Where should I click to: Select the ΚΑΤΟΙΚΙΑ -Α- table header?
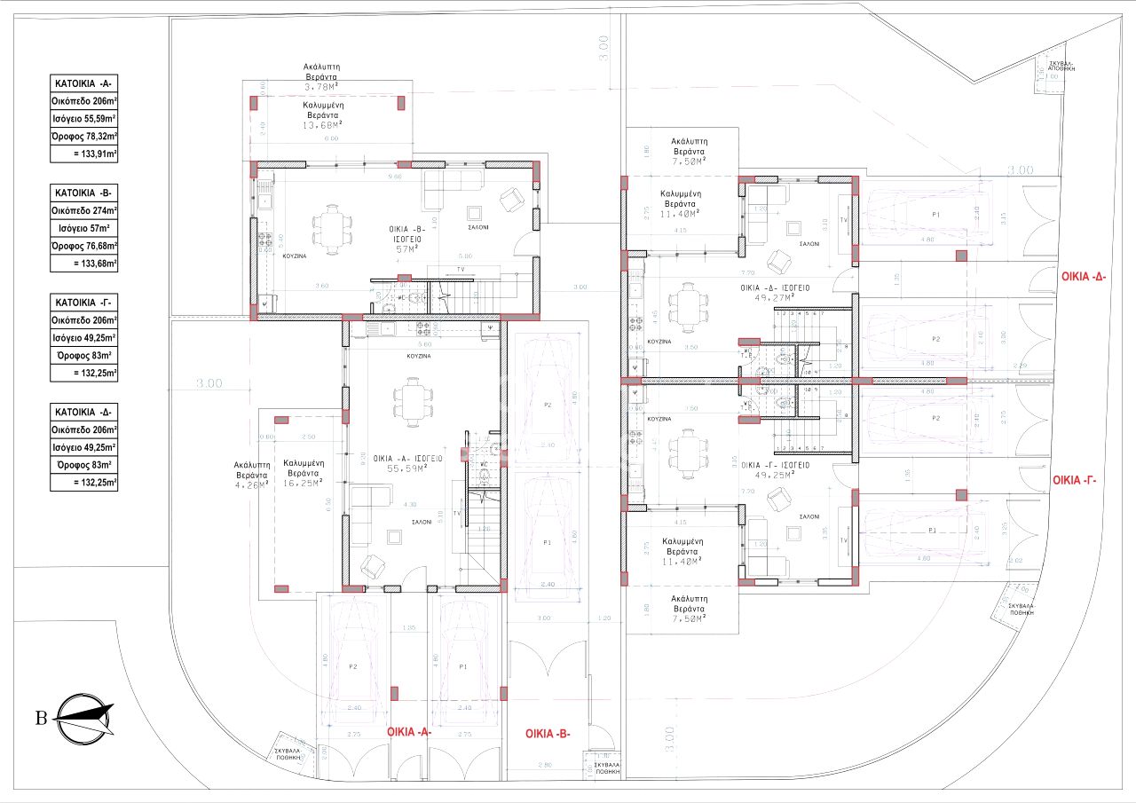[84, 84]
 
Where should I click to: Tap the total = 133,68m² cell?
[84, 264]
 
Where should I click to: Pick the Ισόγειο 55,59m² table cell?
[84, 119]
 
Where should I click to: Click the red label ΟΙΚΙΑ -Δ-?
[1087, 277]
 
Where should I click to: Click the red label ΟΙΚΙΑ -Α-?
[409, 732]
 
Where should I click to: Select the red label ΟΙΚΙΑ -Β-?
[548, 734]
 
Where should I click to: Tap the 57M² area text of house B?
[407, 249]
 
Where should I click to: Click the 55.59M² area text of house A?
[408, 467]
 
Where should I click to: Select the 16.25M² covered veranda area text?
[302, 482]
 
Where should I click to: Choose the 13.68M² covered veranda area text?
[322, 125]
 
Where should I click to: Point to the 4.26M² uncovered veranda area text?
[251, 484]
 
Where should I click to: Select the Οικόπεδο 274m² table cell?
[84, 210]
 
